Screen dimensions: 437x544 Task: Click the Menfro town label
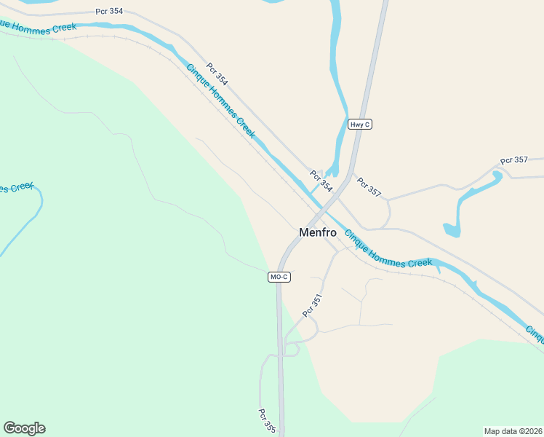(319, 232)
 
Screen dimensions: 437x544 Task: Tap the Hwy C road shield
(360, 125)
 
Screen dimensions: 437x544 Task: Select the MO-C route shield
(279, 277)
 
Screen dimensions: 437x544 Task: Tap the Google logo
(24, 428)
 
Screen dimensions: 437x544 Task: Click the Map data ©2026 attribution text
(513, 430)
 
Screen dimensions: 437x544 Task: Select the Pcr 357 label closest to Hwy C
(369, 186)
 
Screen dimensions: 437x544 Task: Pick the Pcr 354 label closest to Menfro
(321, 181)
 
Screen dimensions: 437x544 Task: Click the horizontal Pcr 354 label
(108, 12)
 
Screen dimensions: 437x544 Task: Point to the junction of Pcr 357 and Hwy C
(353, 175)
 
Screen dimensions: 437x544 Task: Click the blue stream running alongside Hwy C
(340, 102)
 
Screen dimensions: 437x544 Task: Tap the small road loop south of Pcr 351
(292, 350)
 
